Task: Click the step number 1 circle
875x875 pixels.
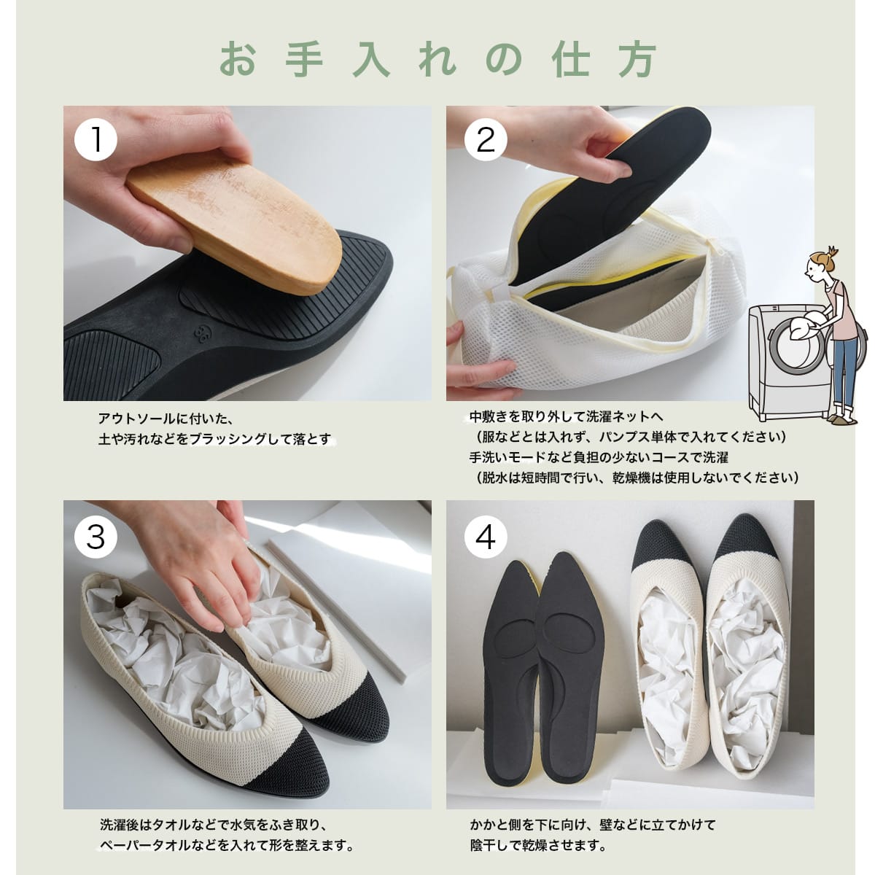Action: click(x=96, y=139)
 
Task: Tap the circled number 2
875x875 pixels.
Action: click(x=486, y=139)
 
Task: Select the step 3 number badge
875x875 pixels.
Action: click(x=96, y=537)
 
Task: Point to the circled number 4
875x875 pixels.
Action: click(x=486, y=537)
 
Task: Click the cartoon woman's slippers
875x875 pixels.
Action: click(x=841, y=419)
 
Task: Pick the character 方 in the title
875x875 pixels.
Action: click(x=637, y=61)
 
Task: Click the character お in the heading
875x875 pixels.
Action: click(x=238, y=61)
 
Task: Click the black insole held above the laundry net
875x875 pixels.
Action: click(x=608, y=200)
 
